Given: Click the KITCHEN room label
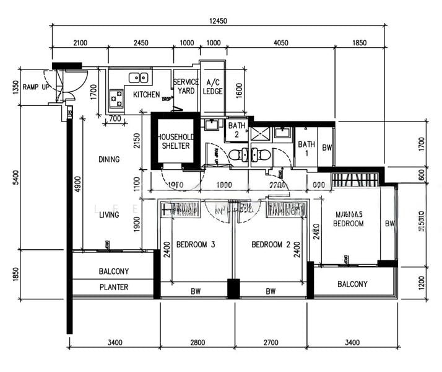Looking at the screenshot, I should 147,95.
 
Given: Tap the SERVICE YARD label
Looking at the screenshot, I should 186,86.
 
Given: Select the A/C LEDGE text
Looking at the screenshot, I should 213,87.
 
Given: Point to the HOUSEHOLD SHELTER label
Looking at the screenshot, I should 175,141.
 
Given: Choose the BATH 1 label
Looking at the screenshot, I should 306,149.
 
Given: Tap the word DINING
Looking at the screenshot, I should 109,159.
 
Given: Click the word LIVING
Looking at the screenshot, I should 109,215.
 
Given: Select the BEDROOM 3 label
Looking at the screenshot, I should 196,245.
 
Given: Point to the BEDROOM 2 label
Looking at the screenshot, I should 271,245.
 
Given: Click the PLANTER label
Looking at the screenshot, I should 114,287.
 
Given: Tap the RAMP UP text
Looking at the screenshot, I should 35,87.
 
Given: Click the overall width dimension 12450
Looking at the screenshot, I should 219,21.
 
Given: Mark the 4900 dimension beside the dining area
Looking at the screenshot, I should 76,184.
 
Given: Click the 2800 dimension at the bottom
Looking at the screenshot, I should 197,342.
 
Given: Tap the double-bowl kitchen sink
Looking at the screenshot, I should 138,77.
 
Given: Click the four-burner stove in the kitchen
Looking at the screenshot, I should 116,97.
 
